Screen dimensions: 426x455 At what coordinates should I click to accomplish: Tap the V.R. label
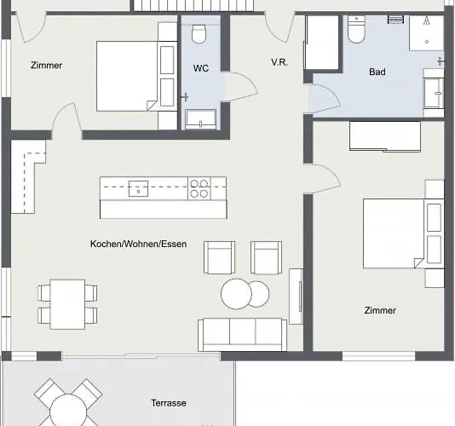(x=279, y=62)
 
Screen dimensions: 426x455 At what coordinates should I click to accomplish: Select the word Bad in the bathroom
(x=377, y=72)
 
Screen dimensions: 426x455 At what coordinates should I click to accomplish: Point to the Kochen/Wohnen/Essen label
(x=138, y=245)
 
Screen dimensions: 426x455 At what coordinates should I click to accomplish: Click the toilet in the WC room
(x=199, y=33)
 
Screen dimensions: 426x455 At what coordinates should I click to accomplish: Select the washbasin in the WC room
(x=200, y=119)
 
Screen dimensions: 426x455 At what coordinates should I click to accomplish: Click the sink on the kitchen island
(x=136, y=188)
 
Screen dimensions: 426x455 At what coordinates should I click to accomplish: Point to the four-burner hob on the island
(x=199, y=188)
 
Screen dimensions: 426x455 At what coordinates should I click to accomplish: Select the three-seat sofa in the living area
(x=242, y=334)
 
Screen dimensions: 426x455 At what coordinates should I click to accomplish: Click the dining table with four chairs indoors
(x=66, y=302)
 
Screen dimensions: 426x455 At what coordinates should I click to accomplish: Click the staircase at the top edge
(x=194, y=6)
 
